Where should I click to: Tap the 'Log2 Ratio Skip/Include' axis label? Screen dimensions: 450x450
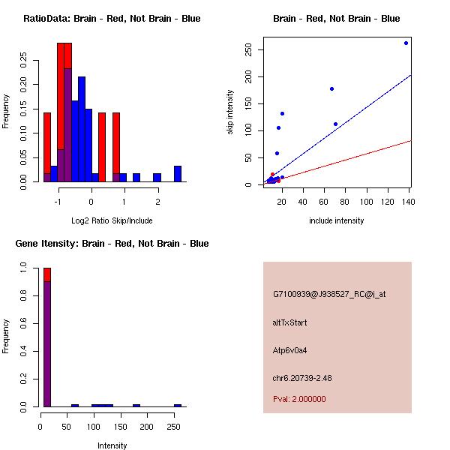point(112,220)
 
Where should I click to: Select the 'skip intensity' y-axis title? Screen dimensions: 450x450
point(230,112)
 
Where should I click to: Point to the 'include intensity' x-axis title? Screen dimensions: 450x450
point(336,220)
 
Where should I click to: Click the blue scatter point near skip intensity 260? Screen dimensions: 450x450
point(406,43)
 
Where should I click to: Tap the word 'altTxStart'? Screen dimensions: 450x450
point(289,322)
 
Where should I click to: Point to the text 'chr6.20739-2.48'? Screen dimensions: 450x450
point(301,378)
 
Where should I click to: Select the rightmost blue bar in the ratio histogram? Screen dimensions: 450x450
point(178,173)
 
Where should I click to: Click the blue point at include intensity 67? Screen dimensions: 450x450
point(331,88)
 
